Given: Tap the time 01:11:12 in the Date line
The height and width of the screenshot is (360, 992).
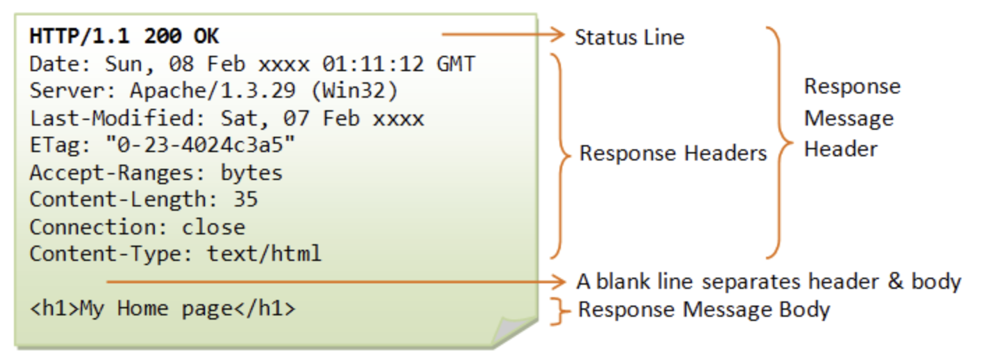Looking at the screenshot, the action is click(x=373, y=65).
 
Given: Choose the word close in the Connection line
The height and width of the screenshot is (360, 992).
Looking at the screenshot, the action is click(x=213, y=227).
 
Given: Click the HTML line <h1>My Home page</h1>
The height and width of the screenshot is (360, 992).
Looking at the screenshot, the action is click(x=163, y=309).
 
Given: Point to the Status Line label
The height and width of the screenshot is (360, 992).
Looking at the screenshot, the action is click(x=629, y=37).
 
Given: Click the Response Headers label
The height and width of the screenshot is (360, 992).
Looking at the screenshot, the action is click(x=673, y=153).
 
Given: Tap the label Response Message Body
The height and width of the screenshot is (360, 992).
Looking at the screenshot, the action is click(x=704, y=310).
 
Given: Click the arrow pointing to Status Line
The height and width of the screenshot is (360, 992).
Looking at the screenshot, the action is click(x=502, y=33).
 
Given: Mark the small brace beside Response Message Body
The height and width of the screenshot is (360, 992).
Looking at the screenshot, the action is click(x=557, y=310).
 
